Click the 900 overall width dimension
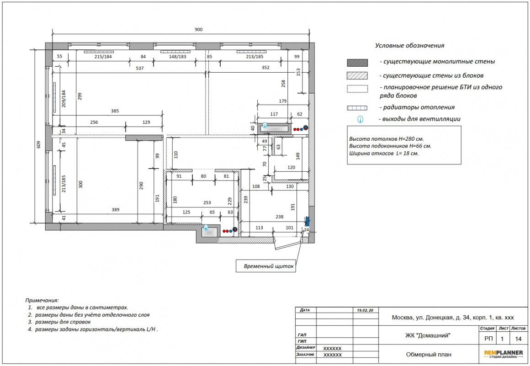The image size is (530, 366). [198, 29]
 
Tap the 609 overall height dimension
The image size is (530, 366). [38, 145]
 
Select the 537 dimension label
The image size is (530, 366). [140, 68]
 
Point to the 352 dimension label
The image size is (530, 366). [265, 68]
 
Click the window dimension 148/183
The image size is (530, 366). [177, 57]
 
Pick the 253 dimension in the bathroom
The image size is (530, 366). [207, 203]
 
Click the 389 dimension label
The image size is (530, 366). [116, 210]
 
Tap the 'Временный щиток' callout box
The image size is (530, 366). [265, 266]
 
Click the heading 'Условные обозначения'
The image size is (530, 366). [410, 46]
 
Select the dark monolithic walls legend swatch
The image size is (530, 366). [357, 63]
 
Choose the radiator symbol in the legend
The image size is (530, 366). [357, 108]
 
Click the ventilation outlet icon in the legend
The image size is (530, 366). [360, 119]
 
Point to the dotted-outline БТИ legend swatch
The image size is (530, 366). [357, 89]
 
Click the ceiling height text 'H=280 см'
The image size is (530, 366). [410, 139]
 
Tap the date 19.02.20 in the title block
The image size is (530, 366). [365, 310]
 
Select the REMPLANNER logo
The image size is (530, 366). [503, 354]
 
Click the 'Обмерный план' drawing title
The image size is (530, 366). [429, 355]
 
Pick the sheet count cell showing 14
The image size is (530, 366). [518, 339]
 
